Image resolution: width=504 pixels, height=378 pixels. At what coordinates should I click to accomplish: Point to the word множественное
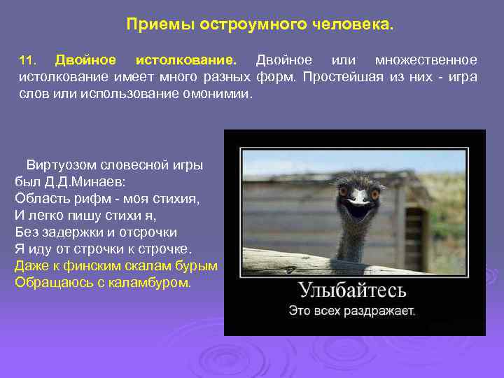426,59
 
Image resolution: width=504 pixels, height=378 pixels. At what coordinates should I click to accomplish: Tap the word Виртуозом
62,166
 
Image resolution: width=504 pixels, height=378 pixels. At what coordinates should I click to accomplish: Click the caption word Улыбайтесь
352,290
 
